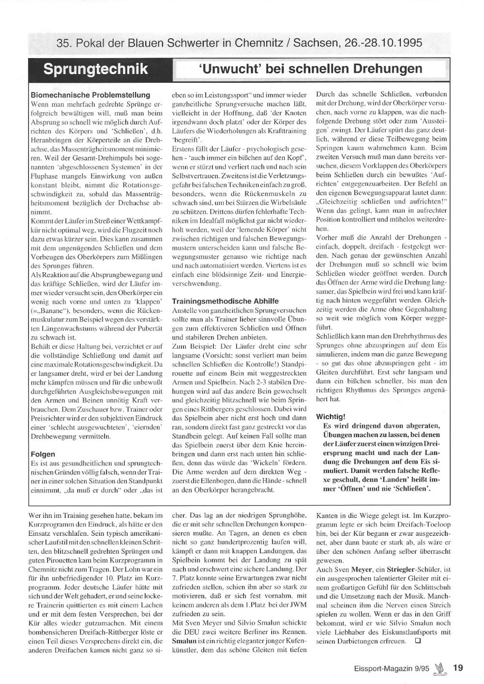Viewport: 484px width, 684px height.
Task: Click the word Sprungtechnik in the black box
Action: [96, 69]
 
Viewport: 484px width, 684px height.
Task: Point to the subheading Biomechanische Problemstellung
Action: [91, 95]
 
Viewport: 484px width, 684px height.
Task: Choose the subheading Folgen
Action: [43, 454]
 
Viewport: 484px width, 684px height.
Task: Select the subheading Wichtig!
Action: [331, 416]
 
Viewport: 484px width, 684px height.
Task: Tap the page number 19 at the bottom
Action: [458, 668]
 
